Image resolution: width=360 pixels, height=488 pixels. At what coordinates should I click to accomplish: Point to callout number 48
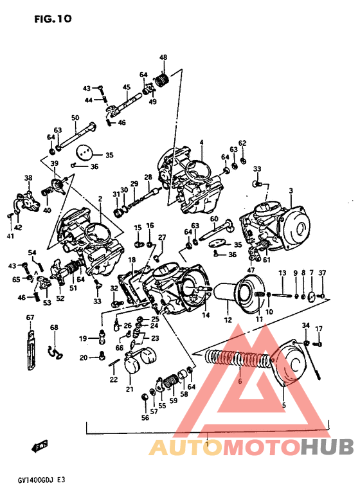pyautogui.click(x=163, y=58)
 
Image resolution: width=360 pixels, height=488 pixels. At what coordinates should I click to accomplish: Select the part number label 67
pyautogui.click(x=30, y=318)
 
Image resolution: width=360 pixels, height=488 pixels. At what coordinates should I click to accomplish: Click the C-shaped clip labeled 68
pyautogui.click(x=55, y=350)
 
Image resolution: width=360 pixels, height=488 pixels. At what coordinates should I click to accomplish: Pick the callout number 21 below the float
pyautogui.click(x=129, y=389)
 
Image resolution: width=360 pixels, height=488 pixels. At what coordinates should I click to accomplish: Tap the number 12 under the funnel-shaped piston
pyautogui.click(x=227, y=320)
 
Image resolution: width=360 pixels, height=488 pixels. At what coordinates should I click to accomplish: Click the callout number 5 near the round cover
pyautogui.click(x=282, y=404)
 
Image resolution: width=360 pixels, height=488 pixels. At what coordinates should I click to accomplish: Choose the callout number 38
pyautogui.click(x=28, y=178)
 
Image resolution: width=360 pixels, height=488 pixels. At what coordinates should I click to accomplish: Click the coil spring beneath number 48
pyautogui.click(x=163, y=81)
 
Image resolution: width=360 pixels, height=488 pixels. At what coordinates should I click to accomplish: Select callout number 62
pyautogui.click(x=242, y=143)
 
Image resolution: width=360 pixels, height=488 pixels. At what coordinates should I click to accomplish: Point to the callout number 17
pyautogui.click(x=318, y=329)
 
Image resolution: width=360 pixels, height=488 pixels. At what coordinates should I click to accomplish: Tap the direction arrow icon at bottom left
pyautogui.click(x=40, y=445)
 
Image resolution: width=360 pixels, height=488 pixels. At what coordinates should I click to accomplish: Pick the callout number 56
pyautogui.click(x=145, y=417)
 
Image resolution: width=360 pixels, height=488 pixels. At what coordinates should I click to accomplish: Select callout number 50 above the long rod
pyautogui.click(x=75, y=118)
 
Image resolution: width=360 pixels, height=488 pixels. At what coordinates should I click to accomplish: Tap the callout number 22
pyautogui.click(x=113, y=379)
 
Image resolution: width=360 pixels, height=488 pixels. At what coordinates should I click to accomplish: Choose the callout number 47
pyautogui.click(x=251, y=271)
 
